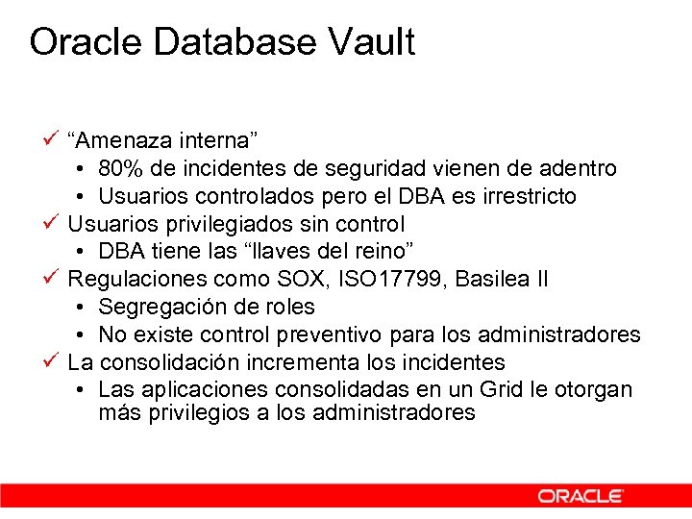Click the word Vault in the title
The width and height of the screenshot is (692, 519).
371,42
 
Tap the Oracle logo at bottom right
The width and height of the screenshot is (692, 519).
580,496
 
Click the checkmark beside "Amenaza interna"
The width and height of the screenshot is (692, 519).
53,139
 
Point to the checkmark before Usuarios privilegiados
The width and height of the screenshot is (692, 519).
53,223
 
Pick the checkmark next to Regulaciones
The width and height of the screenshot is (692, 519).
53,279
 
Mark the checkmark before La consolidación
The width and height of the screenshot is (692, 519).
53,361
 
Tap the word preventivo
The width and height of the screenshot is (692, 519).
330,335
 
